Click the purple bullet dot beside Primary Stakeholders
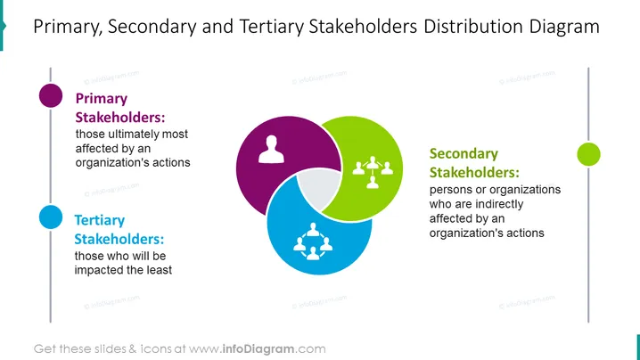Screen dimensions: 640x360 [x=51, y=95]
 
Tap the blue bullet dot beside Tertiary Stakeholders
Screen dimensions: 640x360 [x=51, y=217]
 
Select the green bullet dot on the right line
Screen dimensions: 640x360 [x=588, y=154]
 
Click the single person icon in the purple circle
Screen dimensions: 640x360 [x=271, y=150]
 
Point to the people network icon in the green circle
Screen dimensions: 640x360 [x=373, y=172]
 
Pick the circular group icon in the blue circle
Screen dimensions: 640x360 [x=313, y=241]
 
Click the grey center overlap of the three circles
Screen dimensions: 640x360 [x=319, y=187]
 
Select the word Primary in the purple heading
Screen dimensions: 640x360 [x=102, y=99]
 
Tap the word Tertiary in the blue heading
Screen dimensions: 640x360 [x=100, y=220]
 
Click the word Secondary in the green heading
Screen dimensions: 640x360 [x=464, y=154]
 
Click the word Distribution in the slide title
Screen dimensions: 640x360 [x=473, y=27]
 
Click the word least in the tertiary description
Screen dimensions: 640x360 [x=160, y=270]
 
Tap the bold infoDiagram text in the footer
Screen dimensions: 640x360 [x=258, y=349]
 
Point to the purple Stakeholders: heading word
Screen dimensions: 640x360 [x=120, y=118]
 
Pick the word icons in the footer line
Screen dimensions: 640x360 [x=155, y=349]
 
